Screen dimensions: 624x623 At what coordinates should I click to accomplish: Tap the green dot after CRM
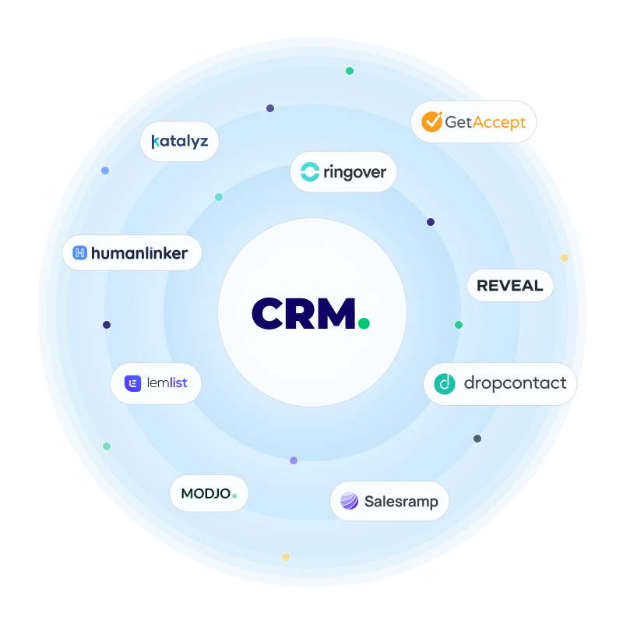364,322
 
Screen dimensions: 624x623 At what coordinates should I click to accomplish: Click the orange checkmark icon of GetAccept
431,122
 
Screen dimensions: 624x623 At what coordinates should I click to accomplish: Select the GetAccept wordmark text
485,122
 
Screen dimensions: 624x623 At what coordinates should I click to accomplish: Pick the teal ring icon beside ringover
310,172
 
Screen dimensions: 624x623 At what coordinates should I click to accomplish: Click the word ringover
354,172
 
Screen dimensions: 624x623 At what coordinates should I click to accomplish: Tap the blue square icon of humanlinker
79,252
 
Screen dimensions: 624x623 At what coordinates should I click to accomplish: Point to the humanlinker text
139,252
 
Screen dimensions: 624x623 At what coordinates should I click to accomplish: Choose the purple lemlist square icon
133,383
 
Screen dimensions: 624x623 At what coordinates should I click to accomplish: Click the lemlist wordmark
167,383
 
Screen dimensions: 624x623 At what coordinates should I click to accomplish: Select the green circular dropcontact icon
445,383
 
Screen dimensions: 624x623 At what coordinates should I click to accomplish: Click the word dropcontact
515,383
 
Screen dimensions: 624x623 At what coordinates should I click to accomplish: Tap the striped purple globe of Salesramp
350,501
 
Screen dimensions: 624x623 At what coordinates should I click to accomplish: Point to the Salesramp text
401,502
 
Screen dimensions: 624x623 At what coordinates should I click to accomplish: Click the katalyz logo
179,142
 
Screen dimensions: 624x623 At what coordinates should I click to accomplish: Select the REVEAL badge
510,286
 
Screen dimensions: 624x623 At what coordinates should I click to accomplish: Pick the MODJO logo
209,494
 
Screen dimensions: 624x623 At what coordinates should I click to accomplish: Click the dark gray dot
477,439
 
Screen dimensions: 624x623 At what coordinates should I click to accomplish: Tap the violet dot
294,460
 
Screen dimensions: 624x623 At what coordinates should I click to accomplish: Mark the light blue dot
105,171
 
